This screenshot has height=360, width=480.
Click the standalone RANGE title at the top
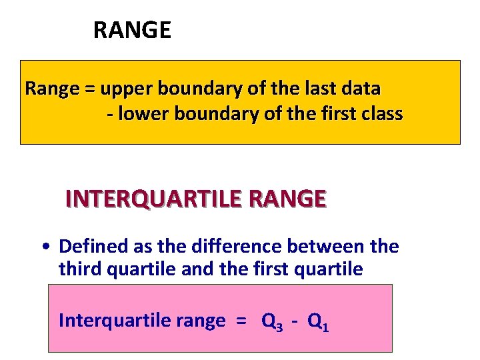tap(132, 30)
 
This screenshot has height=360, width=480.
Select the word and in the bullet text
tap(189, 269)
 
